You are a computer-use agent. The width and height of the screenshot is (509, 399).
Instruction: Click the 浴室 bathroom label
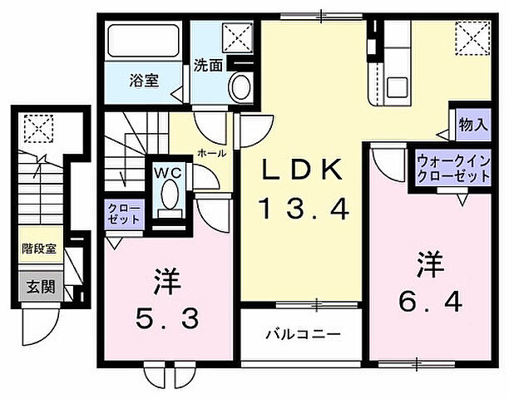click(x=145, y=81)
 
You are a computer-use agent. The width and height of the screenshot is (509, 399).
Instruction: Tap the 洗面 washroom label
click(x=208, y=65)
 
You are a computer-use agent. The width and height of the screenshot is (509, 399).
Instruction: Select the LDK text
click(x=302, y=170)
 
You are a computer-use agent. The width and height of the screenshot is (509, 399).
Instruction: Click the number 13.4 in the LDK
click(x=301, y=208)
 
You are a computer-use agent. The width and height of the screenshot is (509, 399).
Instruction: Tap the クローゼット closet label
click(x=123, y=213)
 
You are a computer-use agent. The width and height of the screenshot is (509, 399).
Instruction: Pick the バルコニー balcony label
click(x=302, y=336)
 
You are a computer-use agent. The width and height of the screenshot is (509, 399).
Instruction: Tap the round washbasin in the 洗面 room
click(x=242, y=85)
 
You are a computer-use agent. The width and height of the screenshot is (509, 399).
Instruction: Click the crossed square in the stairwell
click(x=37, y=127)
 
